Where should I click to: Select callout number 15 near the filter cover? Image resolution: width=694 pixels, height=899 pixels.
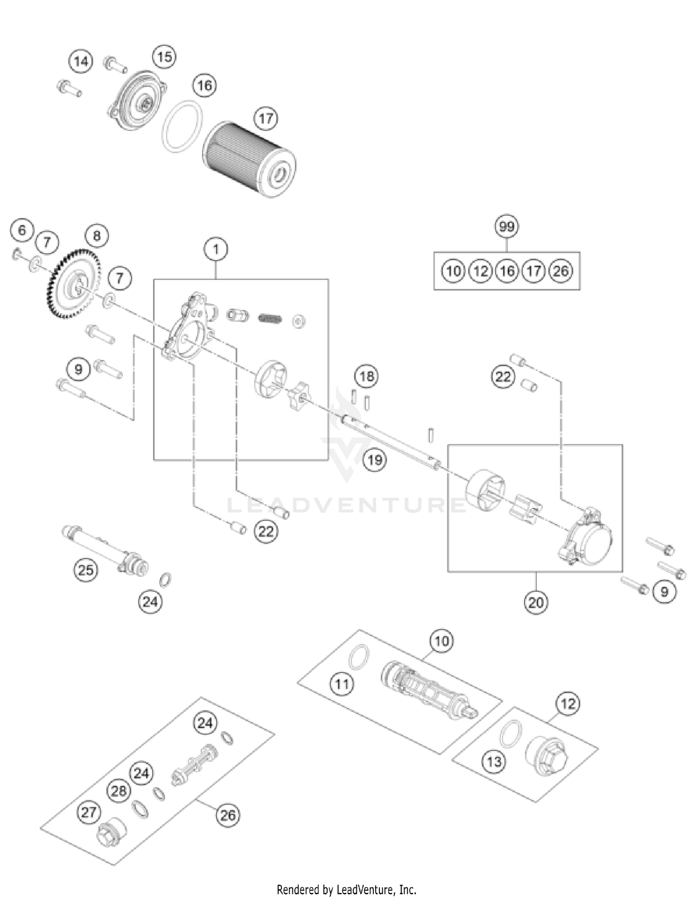[x=164, y=57]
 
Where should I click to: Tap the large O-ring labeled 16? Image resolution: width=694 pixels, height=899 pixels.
[x=182, y=125]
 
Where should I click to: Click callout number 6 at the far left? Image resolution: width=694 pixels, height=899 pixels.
[x=22, y=230]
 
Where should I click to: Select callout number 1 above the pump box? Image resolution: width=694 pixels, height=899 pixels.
[x=216, y=250]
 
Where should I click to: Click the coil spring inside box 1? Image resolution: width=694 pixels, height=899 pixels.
[x=270, y=318]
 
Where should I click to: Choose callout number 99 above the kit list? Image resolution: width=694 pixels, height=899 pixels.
[x=507, y=227]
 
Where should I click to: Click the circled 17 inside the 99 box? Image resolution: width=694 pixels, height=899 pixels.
[x=533, y=271]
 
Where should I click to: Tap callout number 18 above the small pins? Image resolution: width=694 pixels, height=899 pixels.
[x=366, y=376]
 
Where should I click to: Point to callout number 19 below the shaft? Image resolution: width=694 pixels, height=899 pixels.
[x=375, y=460]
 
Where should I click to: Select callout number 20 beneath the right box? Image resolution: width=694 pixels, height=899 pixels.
[x=536, y=602]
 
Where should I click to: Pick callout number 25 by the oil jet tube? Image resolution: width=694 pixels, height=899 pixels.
[x=86, y=570]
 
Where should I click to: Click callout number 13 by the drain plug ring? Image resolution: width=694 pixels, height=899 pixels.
[x=494, y=761]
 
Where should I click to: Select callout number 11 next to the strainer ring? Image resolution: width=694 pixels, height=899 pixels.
[x=342, y=684]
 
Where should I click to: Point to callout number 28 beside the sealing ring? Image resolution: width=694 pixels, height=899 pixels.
[x=118, y=790]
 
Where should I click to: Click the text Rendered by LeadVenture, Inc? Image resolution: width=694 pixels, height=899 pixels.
[x=347, y=890]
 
